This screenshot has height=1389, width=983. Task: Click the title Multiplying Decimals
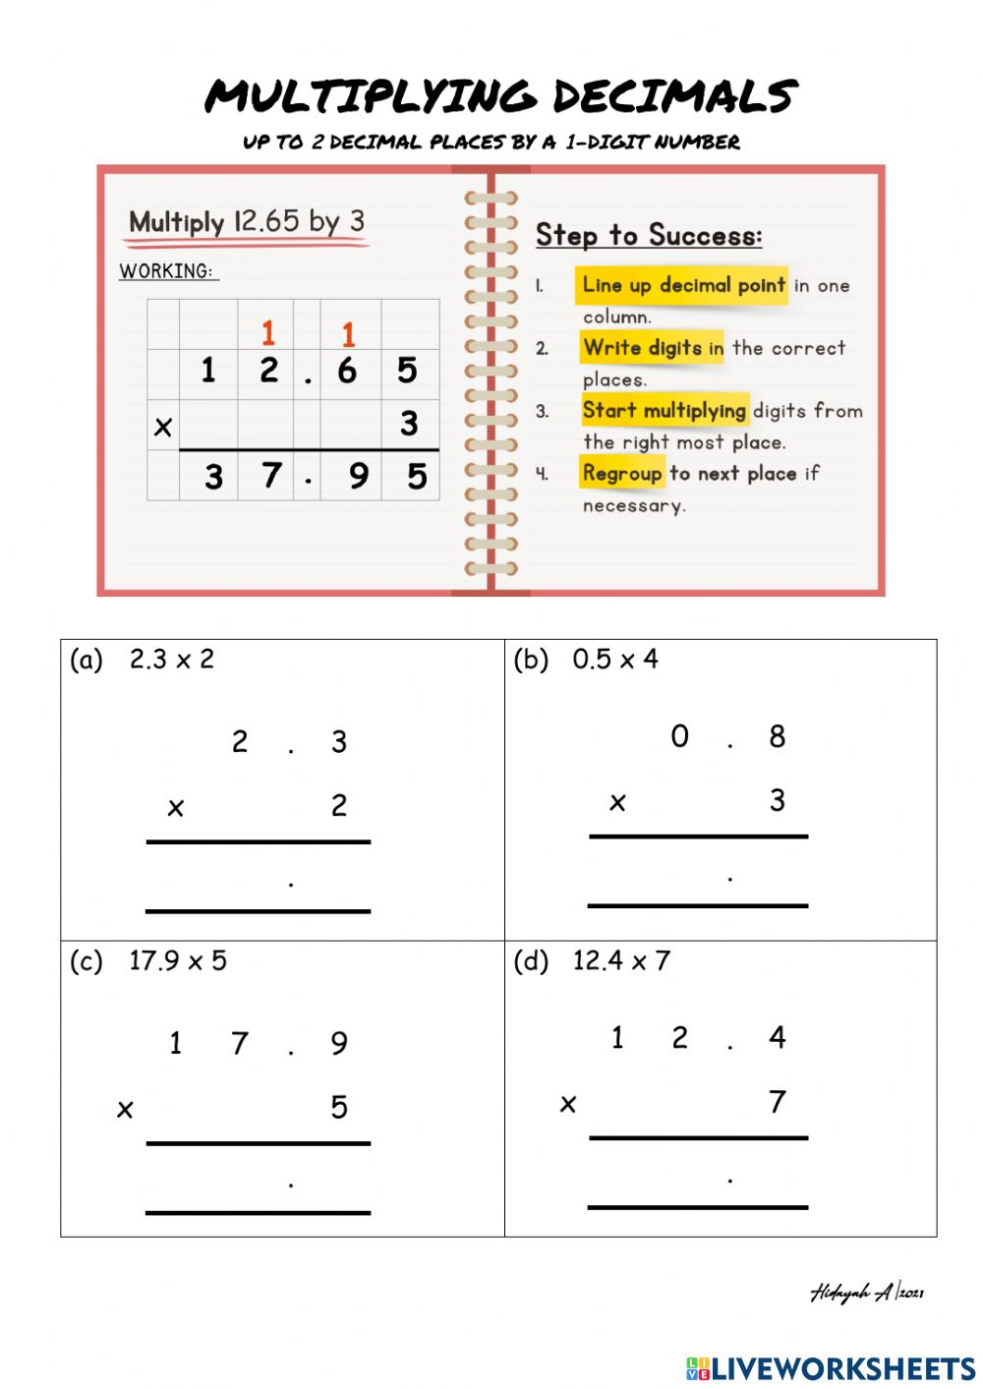500,96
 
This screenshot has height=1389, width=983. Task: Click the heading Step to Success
648,235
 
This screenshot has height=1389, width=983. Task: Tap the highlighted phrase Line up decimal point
683,285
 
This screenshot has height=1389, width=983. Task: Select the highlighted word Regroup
621,473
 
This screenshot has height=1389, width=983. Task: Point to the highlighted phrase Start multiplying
664,410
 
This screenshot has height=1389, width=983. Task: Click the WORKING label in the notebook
166,271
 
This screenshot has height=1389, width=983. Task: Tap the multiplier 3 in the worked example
409,424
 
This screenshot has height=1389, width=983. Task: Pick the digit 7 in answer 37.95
271,476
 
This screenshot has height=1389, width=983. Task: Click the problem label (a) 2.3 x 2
142,659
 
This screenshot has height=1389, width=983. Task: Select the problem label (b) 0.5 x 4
586,659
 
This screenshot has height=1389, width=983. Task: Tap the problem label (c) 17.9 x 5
147,960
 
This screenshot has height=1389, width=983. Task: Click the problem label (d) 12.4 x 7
592,960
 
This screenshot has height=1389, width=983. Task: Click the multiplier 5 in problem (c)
339,1108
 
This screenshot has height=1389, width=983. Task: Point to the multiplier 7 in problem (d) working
777,1102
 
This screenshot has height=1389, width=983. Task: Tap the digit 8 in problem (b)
777,736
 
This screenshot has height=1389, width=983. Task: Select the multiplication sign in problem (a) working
176,808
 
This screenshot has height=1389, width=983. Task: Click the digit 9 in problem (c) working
339,1043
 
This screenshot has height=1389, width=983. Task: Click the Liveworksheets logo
831,1368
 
